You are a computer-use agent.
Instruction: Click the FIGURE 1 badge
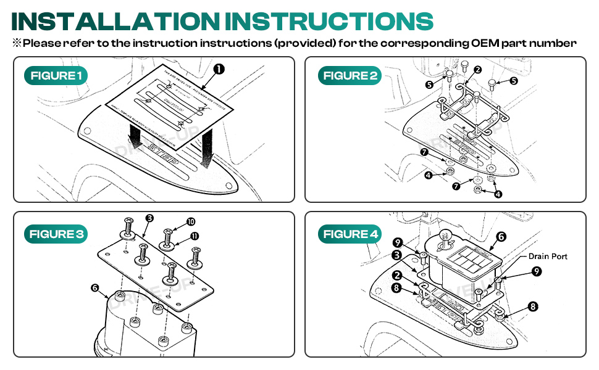click(56, 76)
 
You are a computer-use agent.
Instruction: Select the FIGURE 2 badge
click(350, 76)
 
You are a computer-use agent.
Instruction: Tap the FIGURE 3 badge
click(56, 234)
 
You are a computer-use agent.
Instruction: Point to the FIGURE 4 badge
click(350, 234)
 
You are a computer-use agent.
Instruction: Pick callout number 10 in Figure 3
click(190, 221)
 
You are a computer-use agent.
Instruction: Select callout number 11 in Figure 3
click(194, 236)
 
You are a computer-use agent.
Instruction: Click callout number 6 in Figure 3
click(94, 287)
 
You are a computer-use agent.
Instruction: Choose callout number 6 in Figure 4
click(501, 236)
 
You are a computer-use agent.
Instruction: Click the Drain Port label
click(547, 256)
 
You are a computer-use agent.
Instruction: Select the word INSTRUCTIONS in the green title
click(329, 21)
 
